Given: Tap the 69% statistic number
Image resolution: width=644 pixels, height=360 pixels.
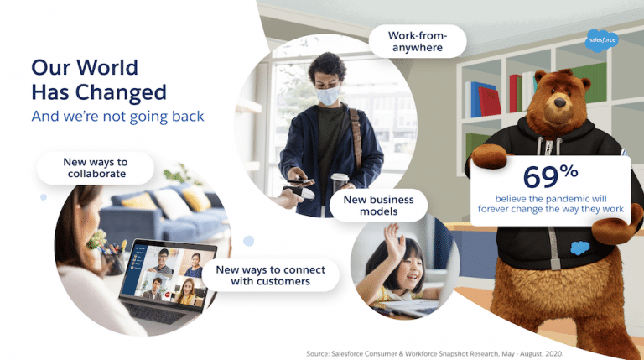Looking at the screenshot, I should (x=549, y=177).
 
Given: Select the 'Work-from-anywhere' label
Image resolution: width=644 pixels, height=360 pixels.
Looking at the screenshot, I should (x=417, y=42).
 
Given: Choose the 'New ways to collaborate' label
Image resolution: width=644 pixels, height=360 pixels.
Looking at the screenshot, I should (x=95, y=168).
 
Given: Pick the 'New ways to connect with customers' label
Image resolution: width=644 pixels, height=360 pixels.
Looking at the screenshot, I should (x=263, y=275).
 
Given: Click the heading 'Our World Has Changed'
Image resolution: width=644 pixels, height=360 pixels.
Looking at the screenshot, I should (x=98, y=79).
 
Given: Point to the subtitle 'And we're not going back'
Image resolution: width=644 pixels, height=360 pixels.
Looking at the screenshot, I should (x=117, y=117).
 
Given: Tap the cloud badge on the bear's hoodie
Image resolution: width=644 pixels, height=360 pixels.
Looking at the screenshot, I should (x=579, y=248).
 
